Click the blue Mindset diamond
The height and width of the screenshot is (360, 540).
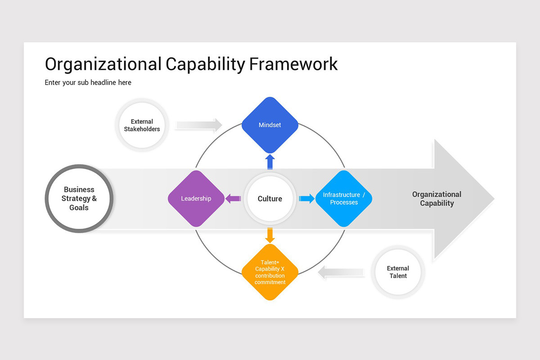270,125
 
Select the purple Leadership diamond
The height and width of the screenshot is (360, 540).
196,198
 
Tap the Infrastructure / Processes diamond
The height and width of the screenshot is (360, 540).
344,198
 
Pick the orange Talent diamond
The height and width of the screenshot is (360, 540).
270,272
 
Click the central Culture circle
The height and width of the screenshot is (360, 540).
270,198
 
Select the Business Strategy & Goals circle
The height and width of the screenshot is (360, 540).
79,198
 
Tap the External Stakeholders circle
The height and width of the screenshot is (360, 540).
142,125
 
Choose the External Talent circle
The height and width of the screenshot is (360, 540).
398,272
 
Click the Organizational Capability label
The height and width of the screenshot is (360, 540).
436,198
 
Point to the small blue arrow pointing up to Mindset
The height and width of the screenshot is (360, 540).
270,162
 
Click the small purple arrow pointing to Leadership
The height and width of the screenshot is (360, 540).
233,198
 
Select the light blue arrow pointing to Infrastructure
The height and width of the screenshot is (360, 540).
306,198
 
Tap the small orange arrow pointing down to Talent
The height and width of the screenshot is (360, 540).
270,235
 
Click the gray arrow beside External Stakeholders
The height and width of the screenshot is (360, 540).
198,125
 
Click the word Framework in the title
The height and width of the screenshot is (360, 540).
293,64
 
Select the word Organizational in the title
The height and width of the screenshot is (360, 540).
103,64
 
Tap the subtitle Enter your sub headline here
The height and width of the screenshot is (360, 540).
88,82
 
